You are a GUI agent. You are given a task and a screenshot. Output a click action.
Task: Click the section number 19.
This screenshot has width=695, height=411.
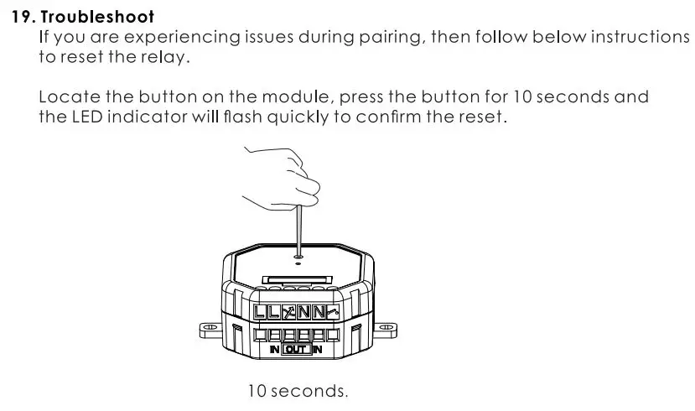pyautogui.click(x=23, y=17)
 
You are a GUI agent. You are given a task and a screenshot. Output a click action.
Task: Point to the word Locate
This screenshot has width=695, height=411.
pyautogui.click(x=70, y=96)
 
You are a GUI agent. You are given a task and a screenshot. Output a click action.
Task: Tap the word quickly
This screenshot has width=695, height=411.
pyautogui.click(x=298, y=117)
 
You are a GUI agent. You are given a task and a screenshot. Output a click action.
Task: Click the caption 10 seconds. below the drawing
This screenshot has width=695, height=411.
pyautogui.click(x=297, y=392)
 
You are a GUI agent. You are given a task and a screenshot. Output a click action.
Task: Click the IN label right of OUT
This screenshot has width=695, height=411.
pyautogui.click(x=318, y=349)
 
